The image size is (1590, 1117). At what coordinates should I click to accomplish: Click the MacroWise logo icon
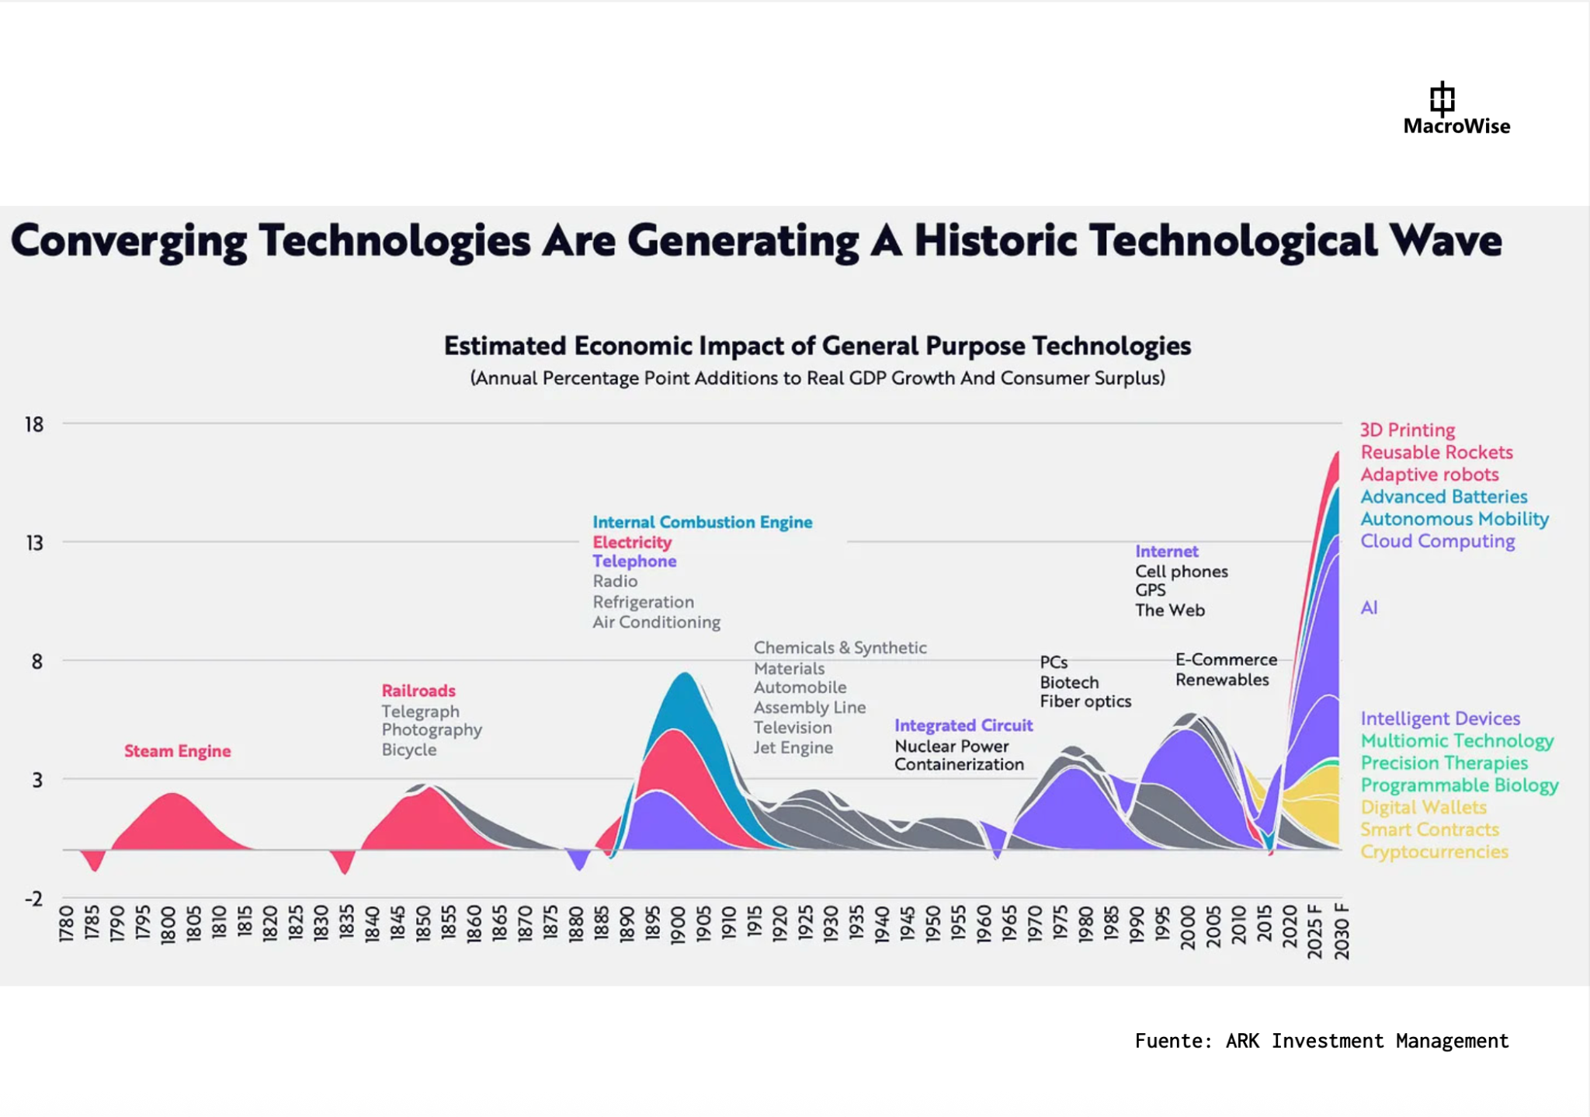1442,99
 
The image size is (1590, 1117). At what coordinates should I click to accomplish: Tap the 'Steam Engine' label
177,751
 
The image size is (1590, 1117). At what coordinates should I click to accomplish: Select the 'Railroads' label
418,691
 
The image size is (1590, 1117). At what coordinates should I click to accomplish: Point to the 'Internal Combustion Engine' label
702,522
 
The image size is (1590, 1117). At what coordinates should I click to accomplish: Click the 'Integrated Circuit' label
963,726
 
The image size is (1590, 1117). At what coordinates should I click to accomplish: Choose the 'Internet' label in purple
1166,552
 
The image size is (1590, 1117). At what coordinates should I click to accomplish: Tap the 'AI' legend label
1369,607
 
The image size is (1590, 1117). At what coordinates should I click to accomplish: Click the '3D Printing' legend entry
1407,430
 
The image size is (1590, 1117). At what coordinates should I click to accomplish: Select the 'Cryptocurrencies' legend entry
1434,851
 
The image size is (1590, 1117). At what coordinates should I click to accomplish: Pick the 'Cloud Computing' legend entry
1437,541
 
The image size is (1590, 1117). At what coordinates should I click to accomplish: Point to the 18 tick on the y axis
34,425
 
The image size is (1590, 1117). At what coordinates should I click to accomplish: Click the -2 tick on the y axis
34,899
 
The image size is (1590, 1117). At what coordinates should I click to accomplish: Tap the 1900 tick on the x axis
678,924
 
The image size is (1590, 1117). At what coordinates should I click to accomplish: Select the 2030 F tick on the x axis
1341,931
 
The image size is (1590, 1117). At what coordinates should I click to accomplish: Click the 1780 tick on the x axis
67,924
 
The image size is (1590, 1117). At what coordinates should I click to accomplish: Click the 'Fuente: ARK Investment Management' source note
1321,1041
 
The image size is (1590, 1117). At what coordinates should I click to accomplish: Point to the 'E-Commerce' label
1226,659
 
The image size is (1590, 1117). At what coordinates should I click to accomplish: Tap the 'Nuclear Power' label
951,746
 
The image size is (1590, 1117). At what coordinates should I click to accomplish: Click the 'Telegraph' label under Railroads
420,711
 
